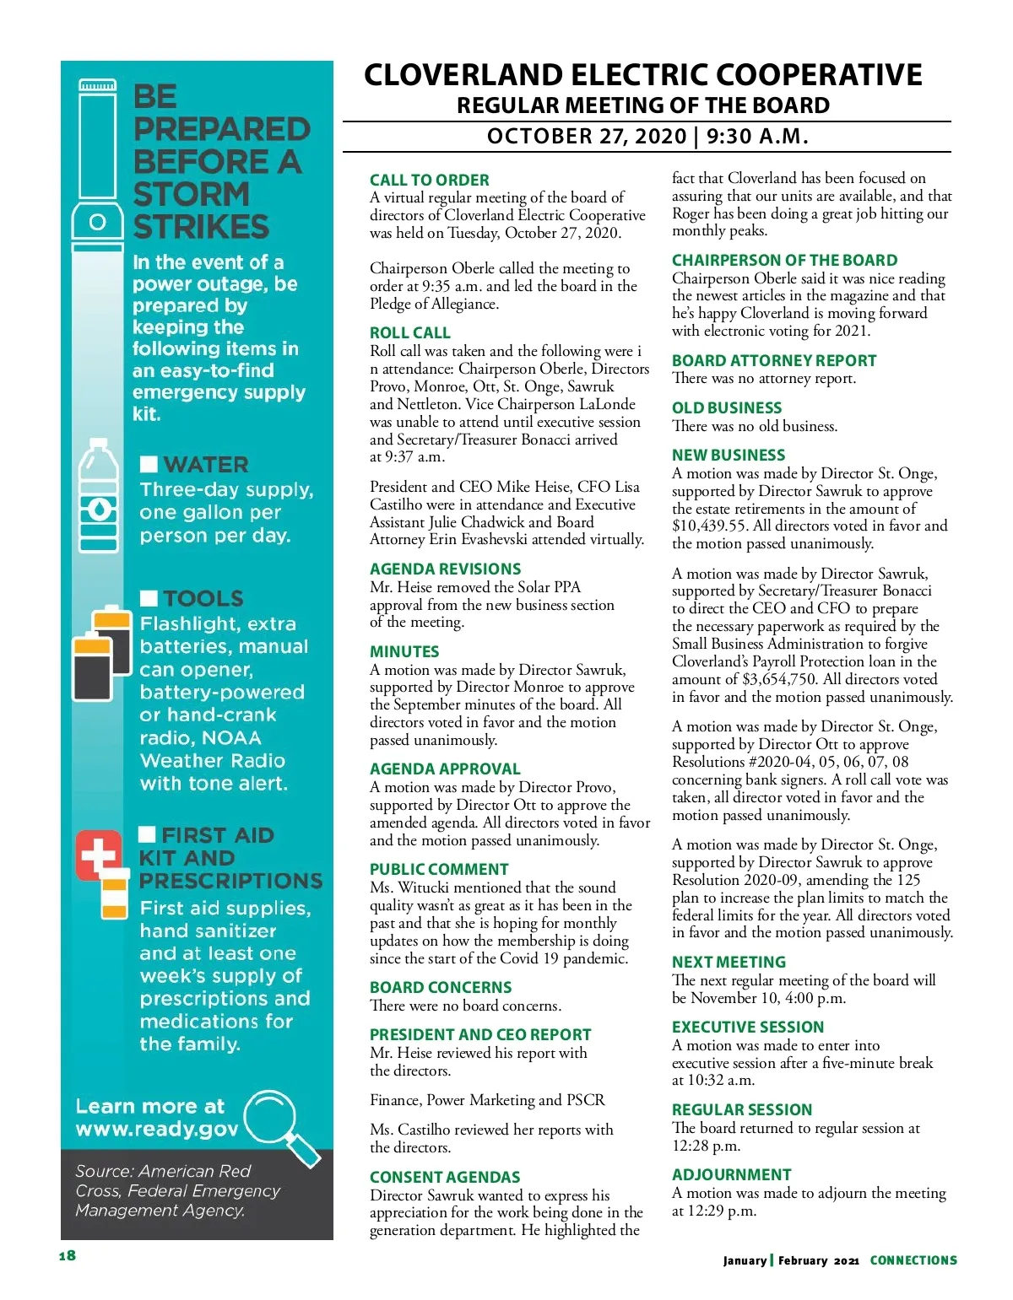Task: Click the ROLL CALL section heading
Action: [409, 333]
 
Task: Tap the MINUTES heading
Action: [404, 652]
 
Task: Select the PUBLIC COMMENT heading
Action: [439, 870]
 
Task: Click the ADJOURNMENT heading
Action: [731, 1175]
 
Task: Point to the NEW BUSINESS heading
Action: [728, 456]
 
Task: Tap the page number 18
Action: [68, 1255]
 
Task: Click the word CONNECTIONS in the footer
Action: [913, 1260]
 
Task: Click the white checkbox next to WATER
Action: [149, 465]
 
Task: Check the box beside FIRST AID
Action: [147, 835]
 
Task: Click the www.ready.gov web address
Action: [157, 1130]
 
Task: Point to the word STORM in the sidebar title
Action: [191, 195]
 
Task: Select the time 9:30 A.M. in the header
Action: [757, 137]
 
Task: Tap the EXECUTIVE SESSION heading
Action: [747, 1028]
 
